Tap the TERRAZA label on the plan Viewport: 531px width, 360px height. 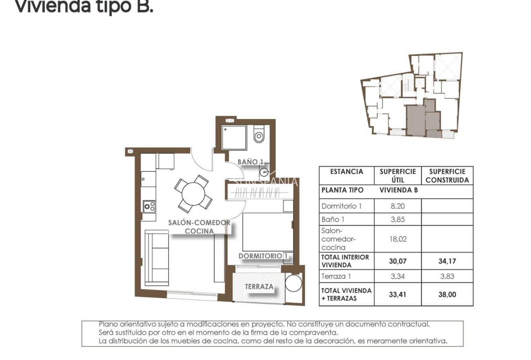(259, 287)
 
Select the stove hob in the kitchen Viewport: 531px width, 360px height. (149, 206)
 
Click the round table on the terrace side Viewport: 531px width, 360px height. (293, 283)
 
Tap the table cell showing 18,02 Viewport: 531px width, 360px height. (397, 239)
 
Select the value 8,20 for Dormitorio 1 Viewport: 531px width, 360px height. (397, 206)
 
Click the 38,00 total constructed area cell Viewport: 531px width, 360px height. (447, 294)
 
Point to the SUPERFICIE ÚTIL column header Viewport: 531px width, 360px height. (397, 176)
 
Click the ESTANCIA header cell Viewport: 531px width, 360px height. (346, 172)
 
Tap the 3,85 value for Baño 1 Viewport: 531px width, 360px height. (397, 220)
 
